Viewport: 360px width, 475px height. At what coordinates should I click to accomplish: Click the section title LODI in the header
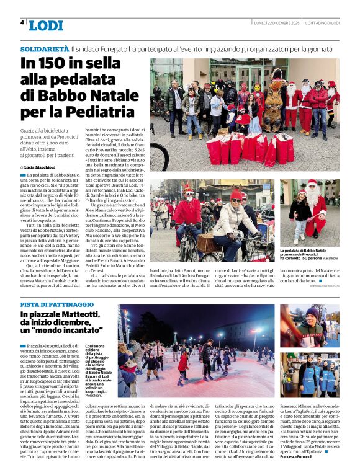click(45, 25)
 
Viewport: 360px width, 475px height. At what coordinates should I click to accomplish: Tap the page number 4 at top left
click(23, 22)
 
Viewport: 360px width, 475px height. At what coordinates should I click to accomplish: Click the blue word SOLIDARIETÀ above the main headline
click(44, 48)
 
